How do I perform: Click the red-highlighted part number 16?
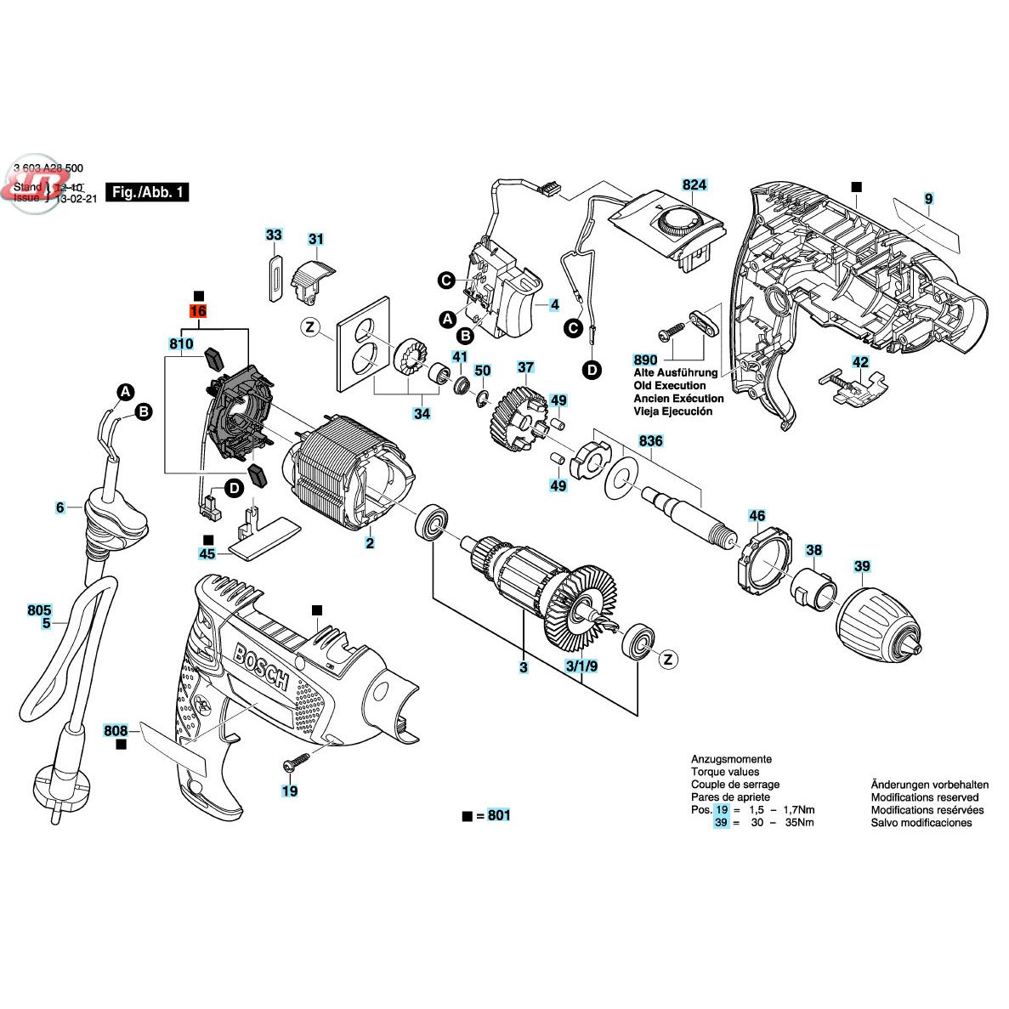click(197, 312)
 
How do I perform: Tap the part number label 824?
click(694, 184)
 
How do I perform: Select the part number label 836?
click(651, 442)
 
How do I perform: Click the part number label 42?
click(860, 362)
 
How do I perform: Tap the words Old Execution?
click(668, 385)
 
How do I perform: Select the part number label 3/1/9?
click(580, 666)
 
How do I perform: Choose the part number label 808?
click(116, 730)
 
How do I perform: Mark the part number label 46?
click(756, 515)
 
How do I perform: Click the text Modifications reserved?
click(924, 797)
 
